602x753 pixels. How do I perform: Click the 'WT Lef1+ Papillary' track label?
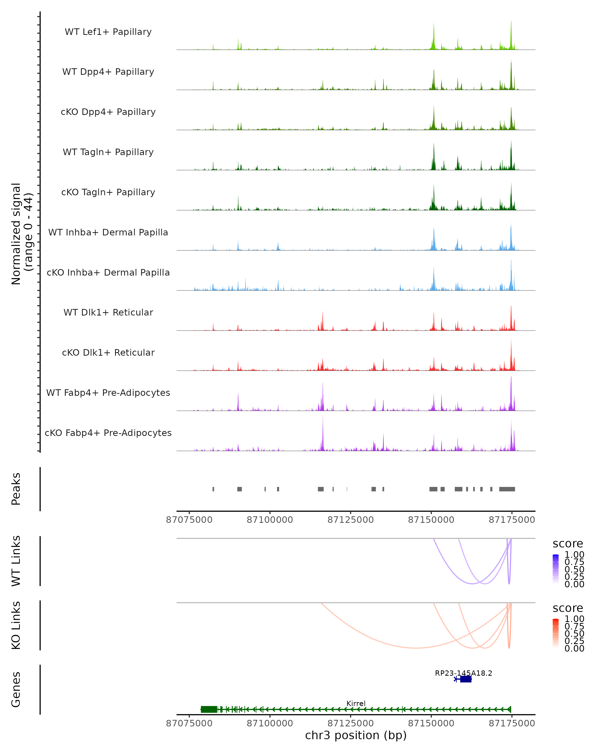pos(108,32)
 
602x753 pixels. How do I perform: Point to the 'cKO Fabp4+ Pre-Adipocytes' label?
pos(108,433)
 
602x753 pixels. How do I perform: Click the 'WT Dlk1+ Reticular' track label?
pos(108,312)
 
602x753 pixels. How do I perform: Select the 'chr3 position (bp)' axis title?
pos(356,735)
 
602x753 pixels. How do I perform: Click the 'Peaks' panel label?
pos(16,489)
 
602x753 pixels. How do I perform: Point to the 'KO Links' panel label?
pos(16,625)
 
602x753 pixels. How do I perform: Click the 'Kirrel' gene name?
pos(356,703)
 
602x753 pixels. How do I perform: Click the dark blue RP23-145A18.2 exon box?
pos(466,679)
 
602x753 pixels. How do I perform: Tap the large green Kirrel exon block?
pos(209,709)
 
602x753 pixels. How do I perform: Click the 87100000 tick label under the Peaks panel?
pos(270,520)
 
